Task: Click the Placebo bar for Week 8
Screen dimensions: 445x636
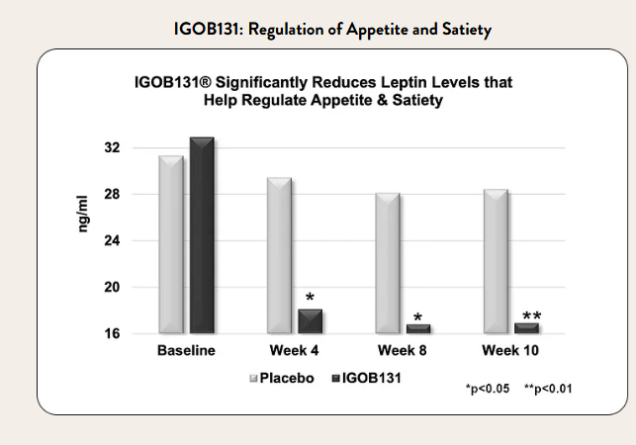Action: click(386, 263)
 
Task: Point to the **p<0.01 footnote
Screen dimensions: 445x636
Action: click(548, 389)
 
